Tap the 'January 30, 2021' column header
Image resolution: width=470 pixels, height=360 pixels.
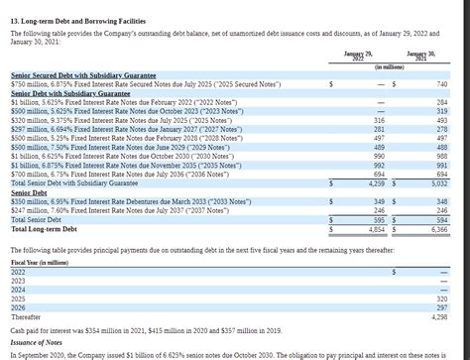coord(425,55)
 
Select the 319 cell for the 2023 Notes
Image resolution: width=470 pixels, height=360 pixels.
coord(442,111)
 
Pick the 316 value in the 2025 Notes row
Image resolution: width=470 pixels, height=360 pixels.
coord(379,120)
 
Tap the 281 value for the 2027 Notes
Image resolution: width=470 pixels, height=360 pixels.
coord(379,129)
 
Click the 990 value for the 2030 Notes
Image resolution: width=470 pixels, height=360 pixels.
coord(379,157)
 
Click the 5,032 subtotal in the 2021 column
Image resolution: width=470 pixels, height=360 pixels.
coord(439,183)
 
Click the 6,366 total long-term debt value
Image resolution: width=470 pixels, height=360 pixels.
coord(439,228)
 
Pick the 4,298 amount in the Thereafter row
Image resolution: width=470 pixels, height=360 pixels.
coord(439,316)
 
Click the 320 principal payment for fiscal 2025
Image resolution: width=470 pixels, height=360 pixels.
coord(442,298)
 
